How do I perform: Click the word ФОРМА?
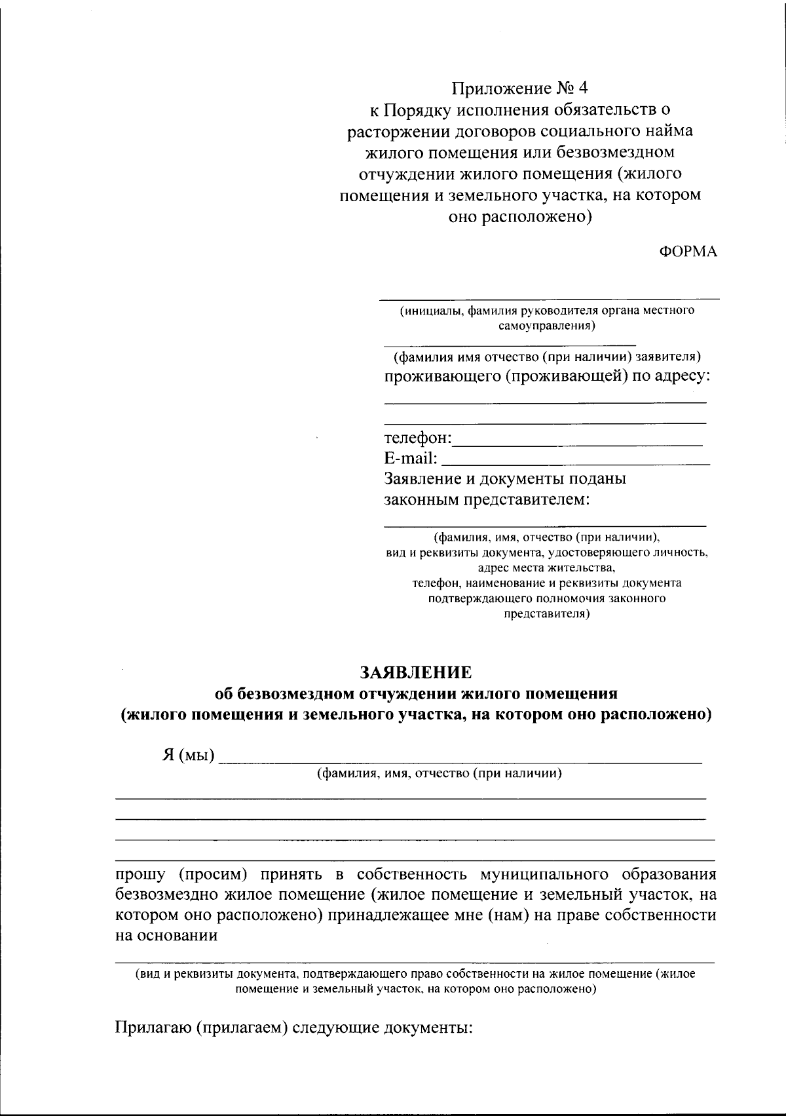(688, 252)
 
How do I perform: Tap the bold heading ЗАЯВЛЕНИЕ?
(415, 672)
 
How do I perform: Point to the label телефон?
(418, 437)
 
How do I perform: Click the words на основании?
(166, 936)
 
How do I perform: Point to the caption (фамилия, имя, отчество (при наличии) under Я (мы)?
(439, 774)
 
